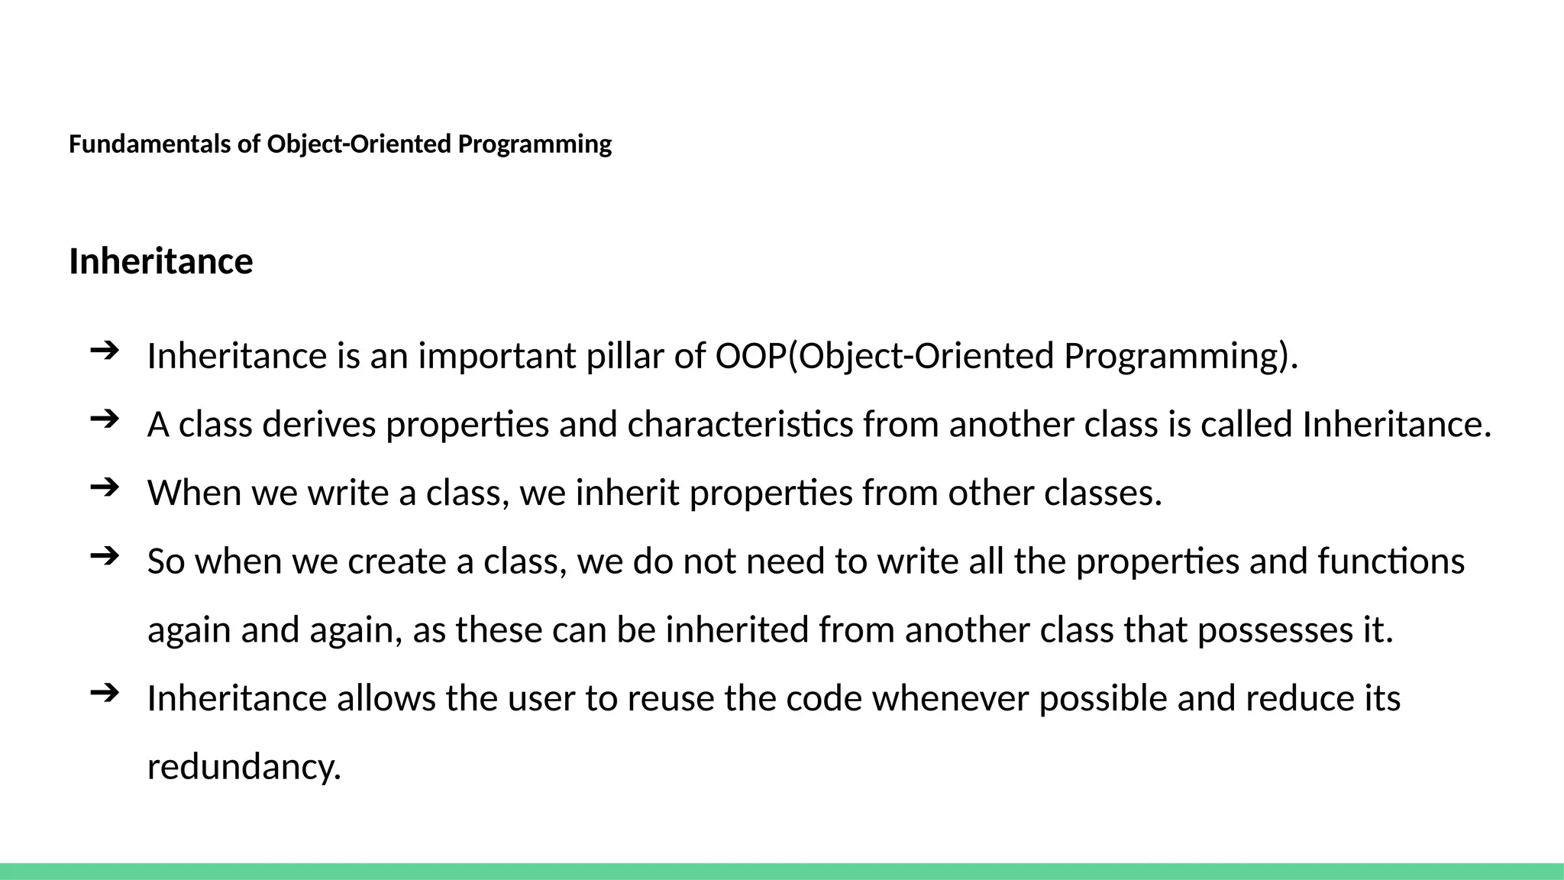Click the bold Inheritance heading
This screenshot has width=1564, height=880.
pyautogui.click(x=160, y=261)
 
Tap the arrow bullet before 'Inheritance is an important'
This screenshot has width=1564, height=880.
pyautogui.click(x=105, y=351)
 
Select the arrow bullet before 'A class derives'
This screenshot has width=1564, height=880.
pyautogui.click(x=105, y=419)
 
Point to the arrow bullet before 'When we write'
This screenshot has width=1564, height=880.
pyautogui.click(x=105, y=487)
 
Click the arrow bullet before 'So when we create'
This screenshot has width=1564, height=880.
pyautogui.click(x=105, y=555)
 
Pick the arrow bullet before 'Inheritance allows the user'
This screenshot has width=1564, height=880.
pyautogui.click(x=105, y=693)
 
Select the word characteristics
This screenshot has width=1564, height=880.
pyautogui.click(x=740, y=425)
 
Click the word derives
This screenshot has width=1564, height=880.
pyautogui.click(x=318, y=425)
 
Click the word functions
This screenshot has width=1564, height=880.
pyautogui.click(x=1391, y=561)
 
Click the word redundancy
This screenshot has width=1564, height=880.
pyautogui.click(x=244, y=767)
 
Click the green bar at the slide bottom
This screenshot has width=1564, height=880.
pyautogui.click(x=782, y=871)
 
